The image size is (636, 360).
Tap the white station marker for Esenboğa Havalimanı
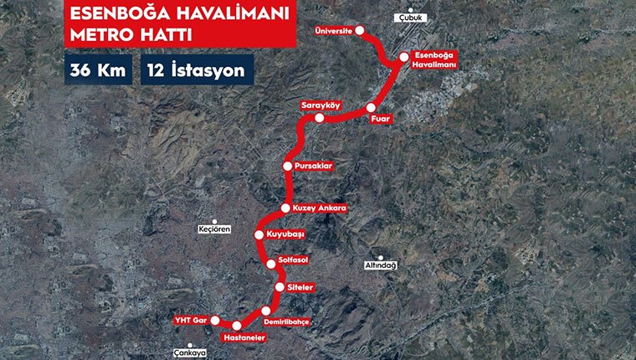coord(403,57)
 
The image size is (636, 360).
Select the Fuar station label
coord(381,120)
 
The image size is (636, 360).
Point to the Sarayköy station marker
coord(319,118)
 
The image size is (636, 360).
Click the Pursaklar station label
coord(315,166)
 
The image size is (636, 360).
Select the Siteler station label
coord(300,287)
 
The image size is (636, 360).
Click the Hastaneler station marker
coord(237,325)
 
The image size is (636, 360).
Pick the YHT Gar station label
coord(189,320)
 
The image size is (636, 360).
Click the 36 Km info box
coord(96,70)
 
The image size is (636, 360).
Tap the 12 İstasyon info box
coord(198,70)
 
